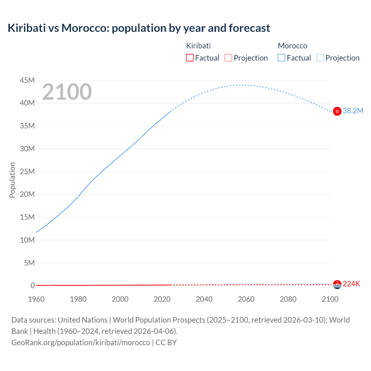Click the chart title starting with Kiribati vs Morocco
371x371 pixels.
[139, 28]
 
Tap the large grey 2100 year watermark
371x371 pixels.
[67, 92]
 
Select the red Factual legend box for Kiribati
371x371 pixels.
[190, 58]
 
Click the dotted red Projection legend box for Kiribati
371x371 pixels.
[228, 58]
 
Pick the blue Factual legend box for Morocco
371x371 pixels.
[281, 58]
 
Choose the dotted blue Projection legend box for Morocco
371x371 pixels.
[320, 58]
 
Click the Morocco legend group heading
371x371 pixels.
[292, 46]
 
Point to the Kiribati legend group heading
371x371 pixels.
[198, 46]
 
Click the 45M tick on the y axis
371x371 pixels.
[27, 80]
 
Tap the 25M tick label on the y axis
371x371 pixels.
[27, 172]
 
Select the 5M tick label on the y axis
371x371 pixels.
[29, 263]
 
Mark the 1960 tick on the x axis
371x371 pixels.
[36, 299]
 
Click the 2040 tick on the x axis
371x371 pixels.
[204, 299]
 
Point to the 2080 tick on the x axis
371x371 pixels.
[288, 299]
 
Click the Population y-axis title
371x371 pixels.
[12, 180]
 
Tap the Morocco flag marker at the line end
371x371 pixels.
[337, 111]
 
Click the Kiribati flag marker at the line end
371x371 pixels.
[337, 285]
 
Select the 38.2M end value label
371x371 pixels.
[353, 111]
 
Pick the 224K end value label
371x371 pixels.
[351, 284]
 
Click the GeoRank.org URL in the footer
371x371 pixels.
[81, 343]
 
